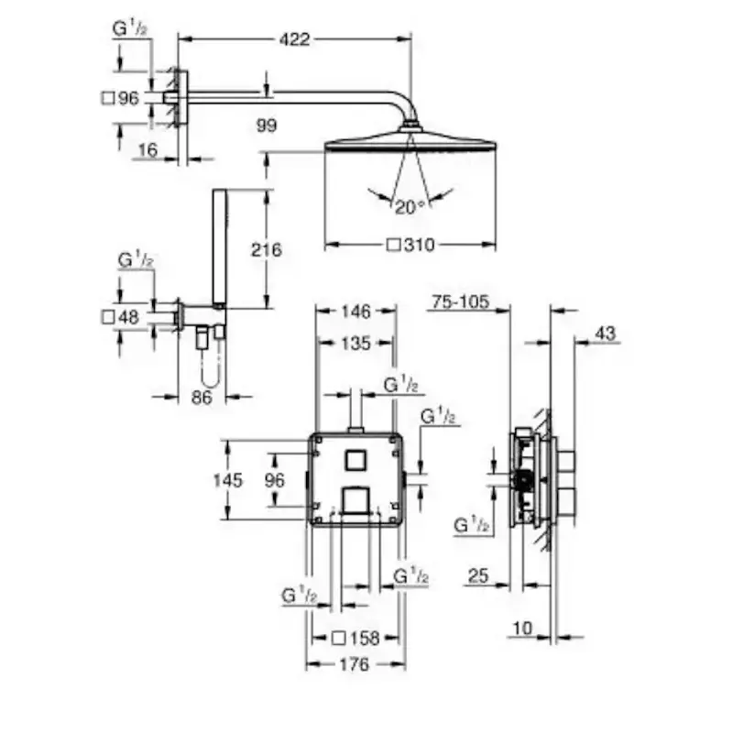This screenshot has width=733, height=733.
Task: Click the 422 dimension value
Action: [294, 39]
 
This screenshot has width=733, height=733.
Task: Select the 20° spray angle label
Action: [410, 207]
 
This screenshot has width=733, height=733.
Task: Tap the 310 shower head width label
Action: [410, 245]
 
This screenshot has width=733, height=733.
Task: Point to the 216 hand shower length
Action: [267, 249]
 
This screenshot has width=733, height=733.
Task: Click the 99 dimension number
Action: [267, 126]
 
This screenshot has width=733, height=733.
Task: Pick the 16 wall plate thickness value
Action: [148, 150]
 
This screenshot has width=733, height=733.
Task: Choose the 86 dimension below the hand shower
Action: [202, 398]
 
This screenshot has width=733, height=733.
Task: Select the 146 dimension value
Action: [356, 312]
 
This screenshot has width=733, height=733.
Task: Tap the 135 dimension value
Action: [356, 343]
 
